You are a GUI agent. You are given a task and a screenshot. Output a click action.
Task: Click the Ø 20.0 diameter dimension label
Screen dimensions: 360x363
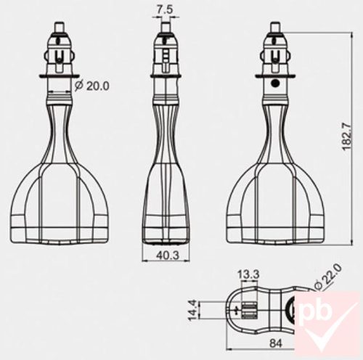tap(93, 86)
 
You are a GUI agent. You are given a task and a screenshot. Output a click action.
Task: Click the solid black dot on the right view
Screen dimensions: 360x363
tap(274, 84)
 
